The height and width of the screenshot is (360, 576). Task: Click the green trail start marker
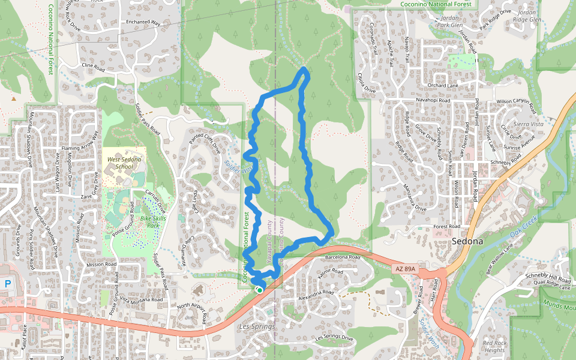[260, 290]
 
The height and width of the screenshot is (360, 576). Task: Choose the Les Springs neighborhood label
[256, 327]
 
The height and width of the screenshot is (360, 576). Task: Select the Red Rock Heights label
[495, 347]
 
